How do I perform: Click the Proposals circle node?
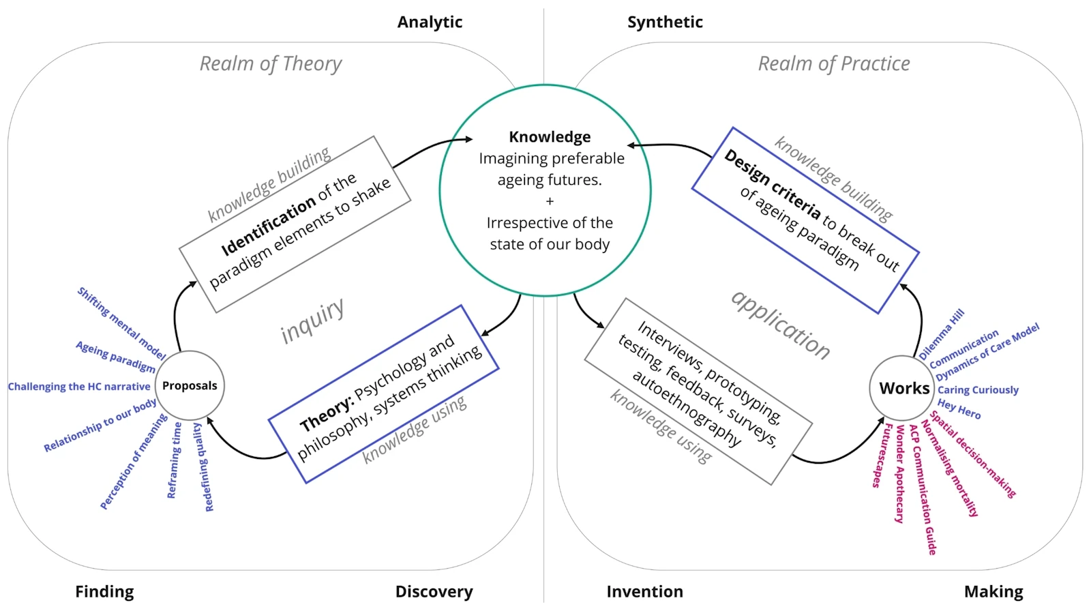(x=190, y=385)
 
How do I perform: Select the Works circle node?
(x=903, y=388)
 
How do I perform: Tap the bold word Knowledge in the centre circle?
(x=550, y=137)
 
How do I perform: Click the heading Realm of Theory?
(x=271, y=64)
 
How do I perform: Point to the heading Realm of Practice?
(x=834, y=64)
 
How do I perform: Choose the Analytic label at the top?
(x=430, y=23)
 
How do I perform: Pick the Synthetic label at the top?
(x=665, y=23)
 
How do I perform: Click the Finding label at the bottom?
(x=104, y=591)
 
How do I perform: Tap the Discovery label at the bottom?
(x=434, y=591)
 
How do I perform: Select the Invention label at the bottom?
(x=644, y=591)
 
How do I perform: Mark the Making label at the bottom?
(x=993, y=591)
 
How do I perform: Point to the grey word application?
(x=781, y=325)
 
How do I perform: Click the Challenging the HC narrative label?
(x=79, y=387)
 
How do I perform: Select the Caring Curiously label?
(x=978, y=390)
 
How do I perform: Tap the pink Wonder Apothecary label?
(x=900, y=474)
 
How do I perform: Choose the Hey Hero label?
(x=959, y=409)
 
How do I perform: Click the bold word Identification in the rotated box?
(x=269, y=224)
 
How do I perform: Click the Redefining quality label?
(x=204, y=467)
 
